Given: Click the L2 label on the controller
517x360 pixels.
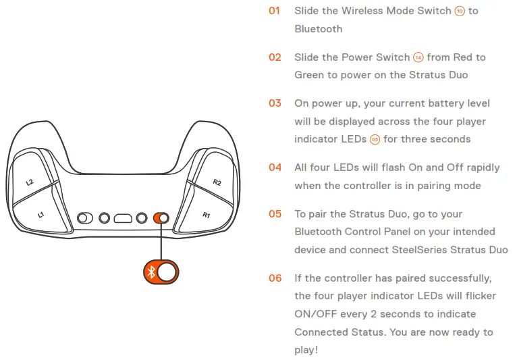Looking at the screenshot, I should click(x=30, y=182).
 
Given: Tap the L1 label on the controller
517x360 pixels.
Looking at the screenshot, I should click(x=40, y=215).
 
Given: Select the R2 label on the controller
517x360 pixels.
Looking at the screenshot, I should click(x=217, y=182).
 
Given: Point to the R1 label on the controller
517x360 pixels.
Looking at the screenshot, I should click(x=207, y=215).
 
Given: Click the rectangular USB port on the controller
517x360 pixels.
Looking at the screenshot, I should click(x=123, y=218).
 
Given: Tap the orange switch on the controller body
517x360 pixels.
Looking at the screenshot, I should click(x=161, y=218).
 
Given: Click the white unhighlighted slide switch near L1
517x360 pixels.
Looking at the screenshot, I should click(x=86, y=218).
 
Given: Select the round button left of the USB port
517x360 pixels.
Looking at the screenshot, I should click(x=104, y=218).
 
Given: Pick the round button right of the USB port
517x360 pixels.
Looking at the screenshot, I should click(x=142, y=218).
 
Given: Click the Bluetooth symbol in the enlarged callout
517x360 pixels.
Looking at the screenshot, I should click(x=152, y=272).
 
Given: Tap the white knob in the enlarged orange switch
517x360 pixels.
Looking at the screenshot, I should click(x=169, y=272).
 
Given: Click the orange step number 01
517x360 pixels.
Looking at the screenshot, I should click(x=274, y=11).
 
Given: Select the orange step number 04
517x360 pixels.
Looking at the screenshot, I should click(x=275, y=168).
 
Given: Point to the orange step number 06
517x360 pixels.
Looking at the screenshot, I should click(x=275, y=278).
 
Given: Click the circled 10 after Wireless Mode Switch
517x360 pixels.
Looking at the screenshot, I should click(x=460, y=11).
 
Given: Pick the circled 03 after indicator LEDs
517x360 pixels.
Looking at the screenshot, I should click(x=375, y=139).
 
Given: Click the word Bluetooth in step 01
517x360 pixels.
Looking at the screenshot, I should click(x=318, y=29).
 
